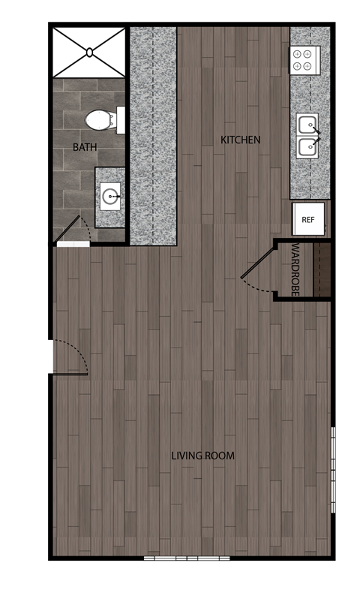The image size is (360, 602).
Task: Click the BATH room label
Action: (x=85, y=148)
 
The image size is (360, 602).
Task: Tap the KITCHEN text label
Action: (x=240, y=140)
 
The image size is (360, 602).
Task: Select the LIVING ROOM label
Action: (x=202, y=456)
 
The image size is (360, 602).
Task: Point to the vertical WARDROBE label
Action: (x=295, y=268)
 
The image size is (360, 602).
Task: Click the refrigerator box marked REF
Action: (x=307, y=220)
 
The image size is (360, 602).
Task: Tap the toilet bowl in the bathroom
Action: (x=97, y=119)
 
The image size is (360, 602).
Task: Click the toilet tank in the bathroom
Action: (x=120, y=119)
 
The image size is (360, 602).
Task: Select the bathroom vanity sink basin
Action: (x=109, y=198)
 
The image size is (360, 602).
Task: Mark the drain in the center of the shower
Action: (x=89, y=52)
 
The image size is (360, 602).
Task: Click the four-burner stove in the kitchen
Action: (x=305, y=60)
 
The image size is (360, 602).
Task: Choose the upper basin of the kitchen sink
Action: (x=307, y=125)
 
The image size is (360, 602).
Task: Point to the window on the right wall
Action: (x=332, y=471)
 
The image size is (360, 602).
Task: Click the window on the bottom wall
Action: (x=186, y=558)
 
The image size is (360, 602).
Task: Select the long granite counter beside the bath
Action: (x=153, y=135)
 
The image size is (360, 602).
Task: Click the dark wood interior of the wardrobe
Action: (x=321, y=268)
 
